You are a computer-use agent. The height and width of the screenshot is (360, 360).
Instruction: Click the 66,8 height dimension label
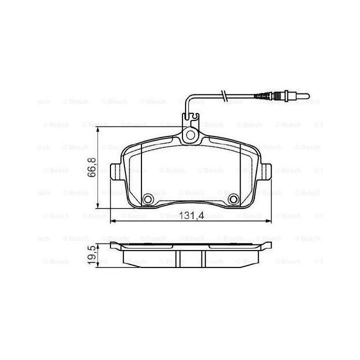92,167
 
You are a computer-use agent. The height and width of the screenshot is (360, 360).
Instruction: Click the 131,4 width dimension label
191,215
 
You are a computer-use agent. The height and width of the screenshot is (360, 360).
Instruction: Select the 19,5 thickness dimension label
91,255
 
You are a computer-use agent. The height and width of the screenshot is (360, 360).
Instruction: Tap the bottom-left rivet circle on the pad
147,199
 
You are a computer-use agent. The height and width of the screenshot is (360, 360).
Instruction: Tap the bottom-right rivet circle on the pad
233,199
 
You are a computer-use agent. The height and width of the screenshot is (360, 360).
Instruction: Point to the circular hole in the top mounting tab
190,135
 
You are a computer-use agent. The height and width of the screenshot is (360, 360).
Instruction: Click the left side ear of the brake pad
115,171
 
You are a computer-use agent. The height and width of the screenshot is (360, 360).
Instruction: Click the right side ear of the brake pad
266,171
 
